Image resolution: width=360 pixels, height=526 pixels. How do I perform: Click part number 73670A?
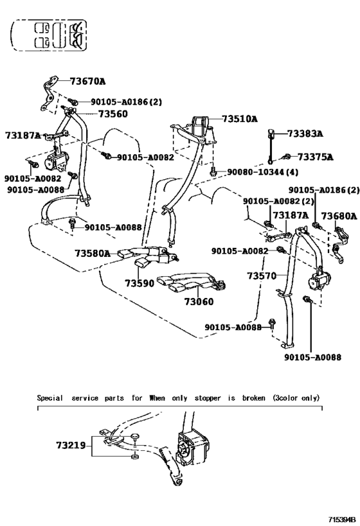coord(87,81)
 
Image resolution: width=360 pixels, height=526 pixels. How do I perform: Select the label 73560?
coord(113,114)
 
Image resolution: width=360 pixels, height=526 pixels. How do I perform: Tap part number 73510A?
coord(239,119)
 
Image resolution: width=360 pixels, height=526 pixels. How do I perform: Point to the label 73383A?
coord(305,134)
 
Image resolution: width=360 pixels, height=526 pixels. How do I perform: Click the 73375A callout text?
coord(316,157)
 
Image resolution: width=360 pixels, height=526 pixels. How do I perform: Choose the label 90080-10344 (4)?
coord(263,172)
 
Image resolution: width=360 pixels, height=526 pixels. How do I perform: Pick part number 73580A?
coord(93,253)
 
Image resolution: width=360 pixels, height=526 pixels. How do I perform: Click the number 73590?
coord(139,283)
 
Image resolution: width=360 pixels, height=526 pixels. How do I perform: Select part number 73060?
coord(199,302)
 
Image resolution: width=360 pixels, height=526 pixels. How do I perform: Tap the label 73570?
coord(262,276)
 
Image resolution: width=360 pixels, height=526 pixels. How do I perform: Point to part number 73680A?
coord(339,216)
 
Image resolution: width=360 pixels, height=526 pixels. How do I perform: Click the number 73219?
coord(71,446)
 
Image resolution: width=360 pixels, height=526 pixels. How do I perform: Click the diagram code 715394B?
coord(342,520)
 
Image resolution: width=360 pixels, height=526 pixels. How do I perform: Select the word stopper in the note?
coord(208,398)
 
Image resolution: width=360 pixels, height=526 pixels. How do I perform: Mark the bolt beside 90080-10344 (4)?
coord(213,171)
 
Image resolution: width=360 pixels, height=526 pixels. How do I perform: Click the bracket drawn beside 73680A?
coord(340,244)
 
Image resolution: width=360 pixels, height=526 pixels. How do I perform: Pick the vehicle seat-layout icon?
coord(50,35)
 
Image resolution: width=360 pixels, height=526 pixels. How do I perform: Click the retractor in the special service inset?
coord(193,448)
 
